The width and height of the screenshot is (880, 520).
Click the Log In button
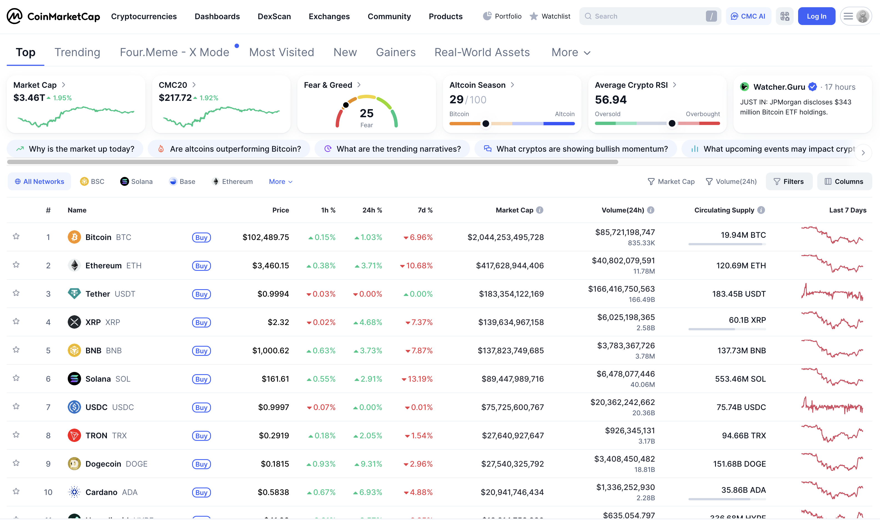coord(816,16)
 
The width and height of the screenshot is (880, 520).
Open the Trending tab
coord(77,52)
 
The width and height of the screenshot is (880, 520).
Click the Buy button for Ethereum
coord(201,266)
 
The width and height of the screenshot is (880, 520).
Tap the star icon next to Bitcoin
coord(16,236)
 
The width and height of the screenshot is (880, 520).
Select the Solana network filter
coord(136,181)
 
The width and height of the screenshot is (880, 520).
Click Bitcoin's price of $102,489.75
coord(265,237)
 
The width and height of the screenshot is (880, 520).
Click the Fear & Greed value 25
coord(366,113)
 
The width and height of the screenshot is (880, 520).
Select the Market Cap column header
coord(514,210)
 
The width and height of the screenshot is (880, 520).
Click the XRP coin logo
coord(74,322)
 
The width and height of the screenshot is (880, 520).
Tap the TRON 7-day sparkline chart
coord(832,434)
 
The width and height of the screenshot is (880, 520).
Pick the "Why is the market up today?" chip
coord(75,149)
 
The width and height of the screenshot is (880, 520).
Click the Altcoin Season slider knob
coord(485,123)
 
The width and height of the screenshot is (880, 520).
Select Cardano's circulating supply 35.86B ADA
coord(743,490)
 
